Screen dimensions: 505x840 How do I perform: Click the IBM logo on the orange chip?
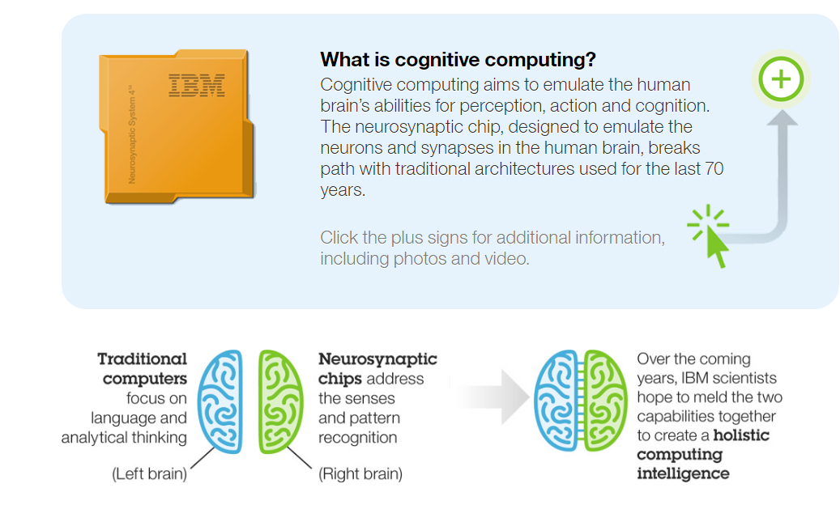tap(196, 86)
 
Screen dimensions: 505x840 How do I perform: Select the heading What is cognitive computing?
tap(458, 59)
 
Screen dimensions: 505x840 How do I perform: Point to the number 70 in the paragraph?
tap(714, 169)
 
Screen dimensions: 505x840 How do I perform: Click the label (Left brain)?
tap(149, 474)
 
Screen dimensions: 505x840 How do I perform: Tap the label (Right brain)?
tap(360, 473)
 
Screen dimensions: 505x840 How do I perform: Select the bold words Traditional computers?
tap(143, 368)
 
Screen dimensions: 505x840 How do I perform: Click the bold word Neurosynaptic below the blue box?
tap(377, 359)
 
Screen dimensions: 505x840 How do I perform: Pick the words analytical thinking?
tap(124, 437)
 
